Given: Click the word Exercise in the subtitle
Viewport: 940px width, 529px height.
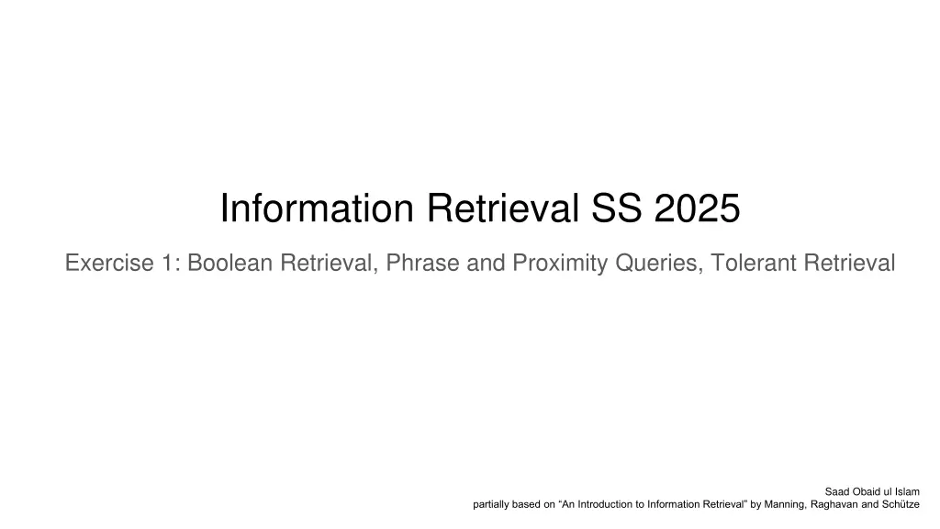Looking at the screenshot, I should coord(107,264).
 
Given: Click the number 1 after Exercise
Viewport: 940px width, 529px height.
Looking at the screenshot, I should coord(171,264).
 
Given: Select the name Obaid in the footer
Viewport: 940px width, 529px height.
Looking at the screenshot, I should coord(866,491).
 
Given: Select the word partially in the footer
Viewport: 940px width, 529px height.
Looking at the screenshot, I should coord(491,504).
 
